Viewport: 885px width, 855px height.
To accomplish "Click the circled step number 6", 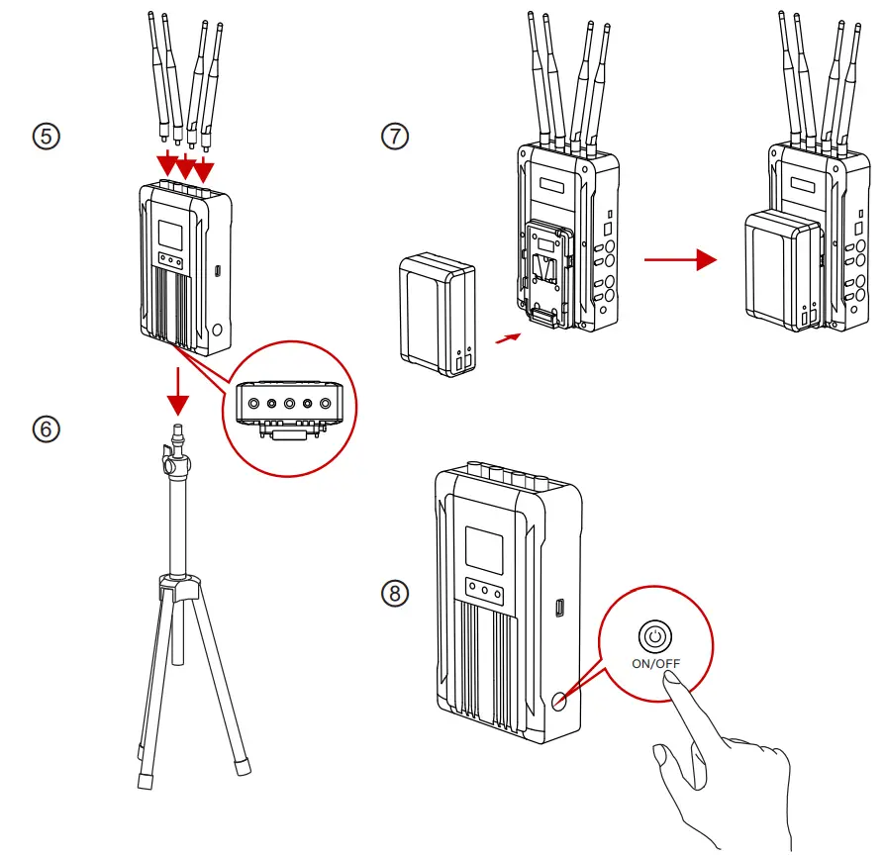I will coord(46,428).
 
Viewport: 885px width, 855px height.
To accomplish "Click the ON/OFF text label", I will coord(656,663).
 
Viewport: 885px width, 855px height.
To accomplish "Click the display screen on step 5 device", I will coord(170,235).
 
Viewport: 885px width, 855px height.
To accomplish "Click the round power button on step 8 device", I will coord(560,700).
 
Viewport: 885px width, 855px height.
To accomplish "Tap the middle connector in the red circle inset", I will coord(290,404).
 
